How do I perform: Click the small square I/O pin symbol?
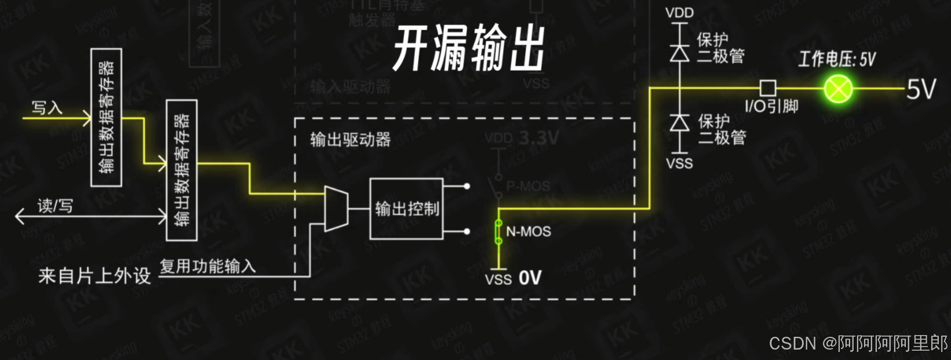(x=767, y=88)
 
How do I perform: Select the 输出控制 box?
(x=406, y=209)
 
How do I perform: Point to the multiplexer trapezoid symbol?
(x=336, y=209)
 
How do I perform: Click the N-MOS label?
(x=528, y=232)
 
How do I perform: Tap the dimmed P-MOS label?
(x=528, y=187)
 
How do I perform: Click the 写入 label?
(x=46, y=108)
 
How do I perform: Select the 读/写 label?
(x=55, y=206)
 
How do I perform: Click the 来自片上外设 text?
(x=94, y=276)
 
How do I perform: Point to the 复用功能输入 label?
(x=207, y=266)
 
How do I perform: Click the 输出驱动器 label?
(x=350, y=140)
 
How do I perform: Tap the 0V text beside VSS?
(x=530, y=278)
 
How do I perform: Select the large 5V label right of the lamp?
(x=921, y=90)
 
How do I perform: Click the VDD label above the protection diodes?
(x=679, y=13)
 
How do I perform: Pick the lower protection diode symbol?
(x=679, y=123)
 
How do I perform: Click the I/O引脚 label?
(x=771, y=107)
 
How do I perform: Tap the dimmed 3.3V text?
(x=538, y=138)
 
